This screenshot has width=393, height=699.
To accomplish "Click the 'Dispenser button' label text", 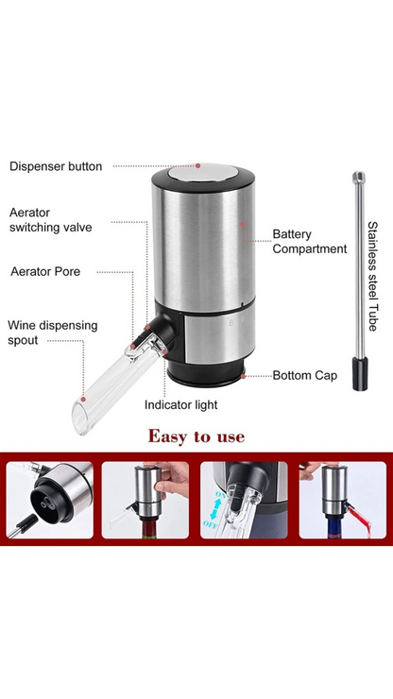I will click(56, 166).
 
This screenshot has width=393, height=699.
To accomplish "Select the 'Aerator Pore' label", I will click(45, 271).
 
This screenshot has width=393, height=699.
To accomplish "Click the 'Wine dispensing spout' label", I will click(52, 332).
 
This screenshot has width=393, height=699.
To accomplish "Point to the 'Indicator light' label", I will click(180, 404).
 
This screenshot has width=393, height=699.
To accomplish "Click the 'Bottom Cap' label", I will click(304, 375).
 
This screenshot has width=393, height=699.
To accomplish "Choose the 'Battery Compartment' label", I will click(309, 241).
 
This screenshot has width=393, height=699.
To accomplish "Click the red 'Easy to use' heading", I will click(196, 436).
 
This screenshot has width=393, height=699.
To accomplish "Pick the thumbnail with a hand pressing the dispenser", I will click(146, 500).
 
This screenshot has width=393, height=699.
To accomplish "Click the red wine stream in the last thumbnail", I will click(346, 521).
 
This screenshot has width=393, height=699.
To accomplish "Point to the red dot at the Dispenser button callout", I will click(196, 166).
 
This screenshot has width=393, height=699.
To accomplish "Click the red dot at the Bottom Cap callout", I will click(244, 375).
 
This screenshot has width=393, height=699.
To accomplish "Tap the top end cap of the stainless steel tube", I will click(358, 176).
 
